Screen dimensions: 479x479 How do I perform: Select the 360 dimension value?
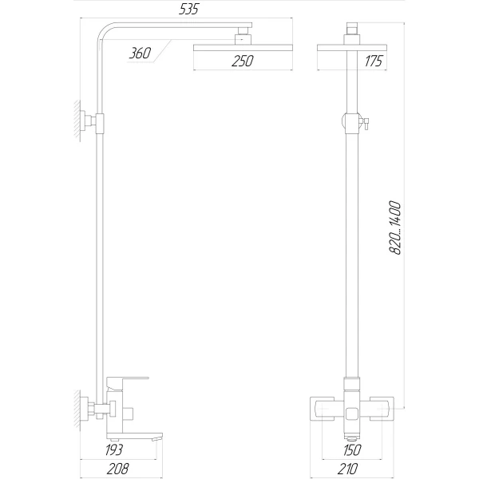tap(141, 53)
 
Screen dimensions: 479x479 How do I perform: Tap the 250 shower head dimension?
tap(243, 61)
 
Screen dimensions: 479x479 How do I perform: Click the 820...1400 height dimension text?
tap(394, 228)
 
